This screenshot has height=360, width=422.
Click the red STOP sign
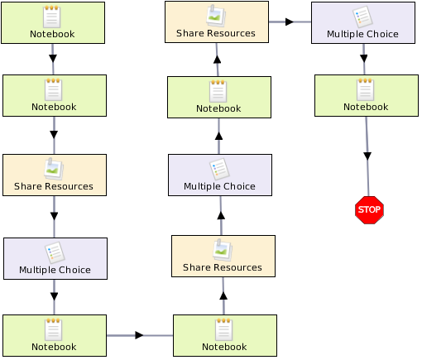coord(369,210)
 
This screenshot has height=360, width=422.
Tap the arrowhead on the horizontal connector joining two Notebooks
coord(139,335)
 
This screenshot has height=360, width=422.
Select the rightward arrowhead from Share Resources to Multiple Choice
coord(290,22)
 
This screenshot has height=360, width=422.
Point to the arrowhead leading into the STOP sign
coord(367,156)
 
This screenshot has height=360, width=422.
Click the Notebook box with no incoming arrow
coord(53,22)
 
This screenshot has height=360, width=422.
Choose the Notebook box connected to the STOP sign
coord(367,95)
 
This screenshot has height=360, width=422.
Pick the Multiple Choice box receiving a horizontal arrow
coord(363,22)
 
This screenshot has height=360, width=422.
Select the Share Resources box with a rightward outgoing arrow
coord(217,22)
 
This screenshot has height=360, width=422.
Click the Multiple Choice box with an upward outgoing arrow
coord(220,175)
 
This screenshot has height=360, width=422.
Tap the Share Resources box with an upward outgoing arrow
coord(223,256)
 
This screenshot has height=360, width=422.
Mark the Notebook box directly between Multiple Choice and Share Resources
coord(219,97)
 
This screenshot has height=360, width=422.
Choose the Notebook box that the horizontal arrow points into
coord(225,335)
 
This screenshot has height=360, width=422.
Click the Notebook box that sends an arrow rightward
coord(55,335)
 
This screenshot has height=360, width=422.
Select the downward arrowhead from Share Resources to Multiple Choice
coord(54,216)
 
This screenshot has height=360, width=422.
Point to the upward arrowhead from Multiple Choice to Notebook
coord(218,136)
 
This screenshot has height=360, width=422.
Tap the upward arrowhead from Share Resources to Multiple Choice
coord(221,215)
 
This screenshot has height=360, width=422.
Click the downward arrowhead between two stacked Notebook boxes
coord(53,59)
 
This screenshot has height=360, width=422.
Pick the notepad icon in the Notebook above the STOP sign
coord(366,89)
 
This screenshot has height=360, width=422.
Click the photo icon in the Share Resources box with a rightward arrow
coord(216,16)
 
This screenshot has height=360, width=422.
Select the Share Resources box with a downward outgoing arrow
coord(55,175)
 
